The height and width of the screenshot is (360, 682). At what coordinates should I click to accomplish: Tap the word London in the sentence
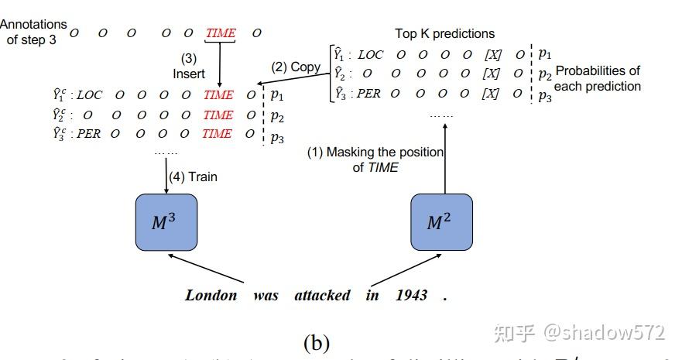pyautogui.click(x=211, y=295)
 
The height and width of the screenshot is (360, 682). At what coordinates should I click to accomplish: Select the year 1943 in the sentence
pyautogui.click(x=412, y=295)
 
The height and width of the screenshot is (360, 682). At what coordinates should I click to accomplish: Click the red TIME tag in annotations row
pyautogui.click(x=221, y=33)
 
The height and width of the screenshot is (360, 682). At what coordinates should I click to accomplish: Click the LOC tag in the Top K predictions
pyautogui.click(x=371, y=54)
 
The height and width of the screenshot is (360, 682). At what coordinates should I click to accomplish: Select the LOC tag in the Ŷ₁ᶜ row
pyautogui.click(x=89, y=95)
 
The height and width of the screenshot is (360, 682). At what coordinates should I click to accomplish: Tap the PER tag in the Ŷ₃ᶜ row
pyautogui.click(x=88, y=134)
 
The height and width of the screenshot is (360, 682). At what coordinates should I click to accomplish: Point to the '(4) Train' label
pyautogui.click(x=193, y=177)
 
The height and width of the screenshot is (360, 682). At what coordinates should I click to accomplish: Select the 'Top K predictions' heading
pyautogui.click(x=444, y=33)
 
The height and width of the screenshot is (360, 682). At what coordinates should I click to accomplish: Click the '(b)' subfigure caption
pyautogui.click(x=317, y=341)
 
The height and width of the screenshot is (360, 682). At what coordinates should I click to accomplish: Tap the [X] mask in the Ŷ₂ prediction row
pyautogui.click(x=491, y=74)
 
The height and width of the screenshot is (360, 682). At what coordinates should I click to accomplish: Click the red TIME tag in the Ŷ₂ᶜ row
pyautogui.click(x=218, y=115)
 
